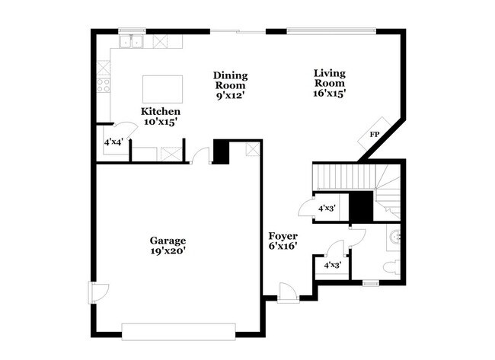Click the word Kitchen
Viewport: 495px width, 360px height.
click(161, 111)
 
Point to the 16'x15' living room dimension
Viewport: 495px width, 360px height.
click(330, 94)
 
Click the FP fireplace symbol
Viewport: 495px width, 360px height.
click(375, 135)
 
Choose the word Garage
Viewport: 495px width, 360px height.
click(168, 240)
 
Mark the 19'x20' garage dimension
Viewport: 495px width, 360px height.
click(168, 250)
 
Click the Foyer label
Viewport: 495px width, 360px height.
click(283, 236)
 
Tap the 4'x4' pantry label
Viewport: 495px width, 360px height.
click(113, 142)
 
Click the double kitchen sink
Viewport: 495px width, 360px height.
click(132, 41)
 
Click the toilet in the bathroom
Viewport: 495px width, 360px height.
click(390, 266)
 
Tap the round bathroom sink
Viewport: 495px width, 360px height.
click(395, 237)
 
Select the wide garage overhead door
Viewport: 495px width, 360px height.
click(179, 331)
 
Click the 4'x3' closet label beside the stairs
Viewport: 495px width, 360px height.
click(327, 208)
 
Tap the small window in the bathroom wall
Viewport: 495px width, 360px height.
click(371, 283)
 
